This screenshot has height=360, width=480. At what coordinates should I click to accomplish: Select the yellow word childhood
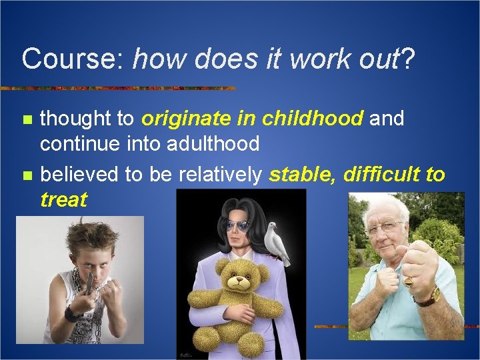[313, 119]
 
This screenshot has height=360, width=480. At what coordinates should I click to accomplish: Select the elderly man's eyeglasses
[385, 227]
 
